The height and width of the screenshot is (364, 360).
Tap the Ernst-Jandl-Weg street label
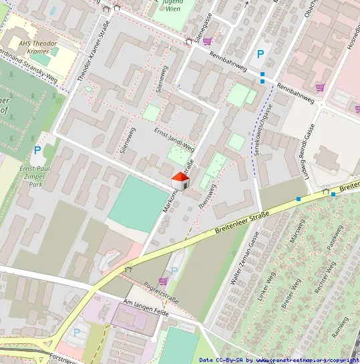(x=174, y=139)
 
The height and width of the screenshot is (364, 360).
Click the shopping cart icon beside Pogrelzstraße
(x=163, y=281)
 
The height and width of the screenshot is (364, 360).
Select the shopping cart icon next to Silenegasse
(x=208, y=41)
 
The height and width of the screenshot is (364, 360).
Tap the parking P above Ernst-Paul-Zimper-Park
(x=37, y=151)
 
